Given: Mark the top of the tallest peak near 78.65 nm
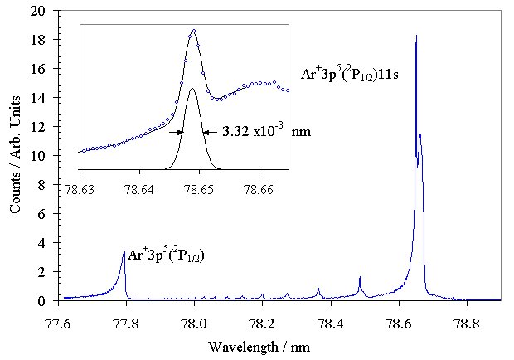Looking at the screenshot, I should (415, 36).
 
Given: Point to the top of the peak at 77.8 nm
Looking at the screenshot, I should (124, 252).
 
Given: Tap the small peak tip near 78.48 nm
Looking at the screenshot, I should (359, 277).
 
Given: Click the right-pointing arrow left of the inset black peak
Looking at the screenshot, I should (176, 131).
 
